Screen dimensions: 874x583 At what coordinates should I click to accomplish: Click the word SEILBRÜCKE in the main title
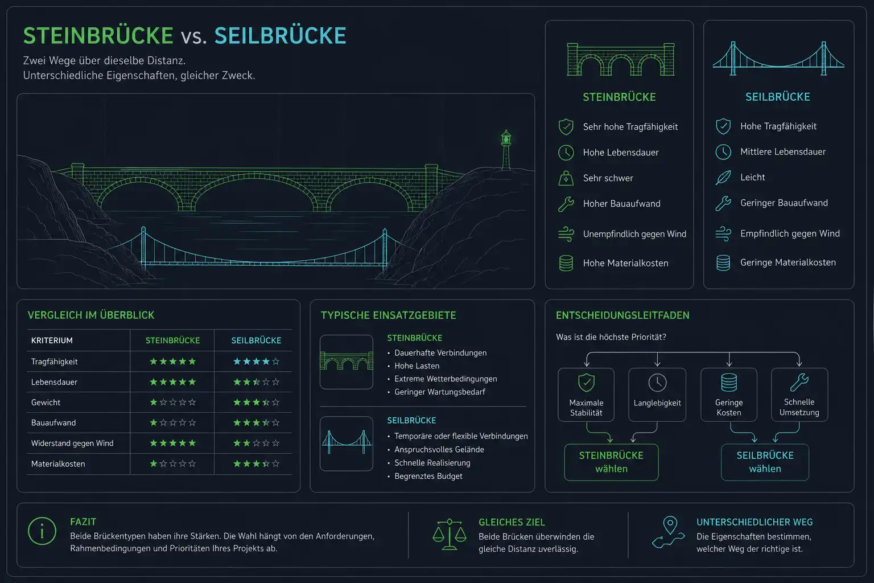pos(280,35)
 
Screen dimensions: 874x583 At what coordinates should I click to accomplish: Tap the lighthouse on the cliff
pos(506,150)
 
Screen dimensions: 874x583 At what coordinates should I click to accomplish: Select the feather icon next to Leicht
pos(723,178)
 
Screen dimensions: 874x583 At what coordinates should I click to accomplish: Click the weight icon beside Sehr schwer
pos(566,178)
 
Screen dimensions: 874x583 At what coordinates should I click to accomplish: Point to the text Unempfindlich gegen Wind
pos(634,234)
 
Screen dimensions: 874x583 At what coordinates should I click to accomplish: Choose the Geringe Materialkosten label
pos(788,262)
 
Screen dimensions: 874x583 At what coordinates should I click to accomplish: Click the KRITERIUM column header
pos(52,340)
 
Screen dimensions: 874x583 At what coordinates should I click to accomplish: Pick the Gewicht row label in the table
pos(46,402)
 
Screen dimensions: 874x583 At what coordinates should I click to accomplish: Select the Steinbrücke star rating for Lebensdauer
pos(172,382)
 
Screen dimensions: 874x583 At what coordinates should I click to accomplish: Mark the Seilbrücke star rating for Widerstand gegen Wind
pos(256,443)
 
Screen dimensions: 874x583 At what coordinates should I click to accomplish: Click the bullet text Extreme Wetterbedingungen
pos(446,379)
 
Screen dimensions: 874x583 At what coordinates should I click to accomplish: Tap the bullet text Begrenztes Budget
pos(428,476)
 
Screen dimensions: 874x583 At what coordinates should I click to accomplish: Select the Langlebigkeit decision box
pos(657,395)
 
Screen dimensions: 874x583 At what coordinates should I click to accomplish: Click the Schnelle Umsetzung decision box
pos(799,395)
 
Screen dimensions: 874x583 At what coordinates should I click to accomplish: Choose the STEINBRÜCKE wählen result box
pos(611,462)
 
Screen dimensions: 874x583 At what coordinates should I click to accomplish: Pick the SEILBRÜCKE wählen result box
pos(765,462)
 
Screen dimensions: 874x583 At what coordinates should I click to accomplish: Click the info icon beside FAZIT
pos(42,531)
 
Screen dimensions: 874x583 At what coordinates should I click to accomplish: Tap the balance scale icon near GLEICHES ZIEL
pos(450,534)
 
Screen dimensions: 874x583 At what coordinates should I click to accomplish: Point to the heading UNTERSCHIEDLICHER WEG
pos(755,522)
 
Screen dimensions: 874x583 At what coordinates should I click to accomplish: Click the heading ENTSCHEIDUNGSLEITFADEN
pos(622,315)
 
